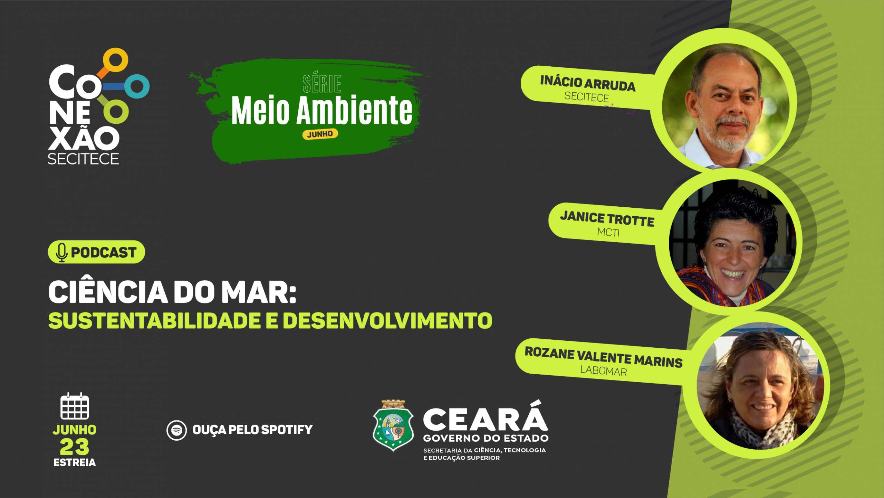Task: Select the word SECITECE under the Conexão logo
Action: point(83,159)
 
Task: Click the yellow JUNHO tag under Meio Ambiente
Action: point(320,134)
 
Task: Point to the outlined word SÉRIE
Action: point(321,84)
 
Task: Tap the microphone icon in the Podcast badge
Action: point(61,253)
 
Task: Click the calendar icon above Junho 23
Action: point(75,406)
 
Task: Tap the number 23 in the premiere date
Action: point(74,447)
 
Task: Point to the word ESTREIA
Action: point(75,462)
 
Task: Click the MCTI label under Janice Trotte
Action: point(608,232)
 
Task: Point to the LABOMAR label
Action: point(604,370)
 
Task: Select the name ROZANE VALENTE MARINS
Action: point(604,357)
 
